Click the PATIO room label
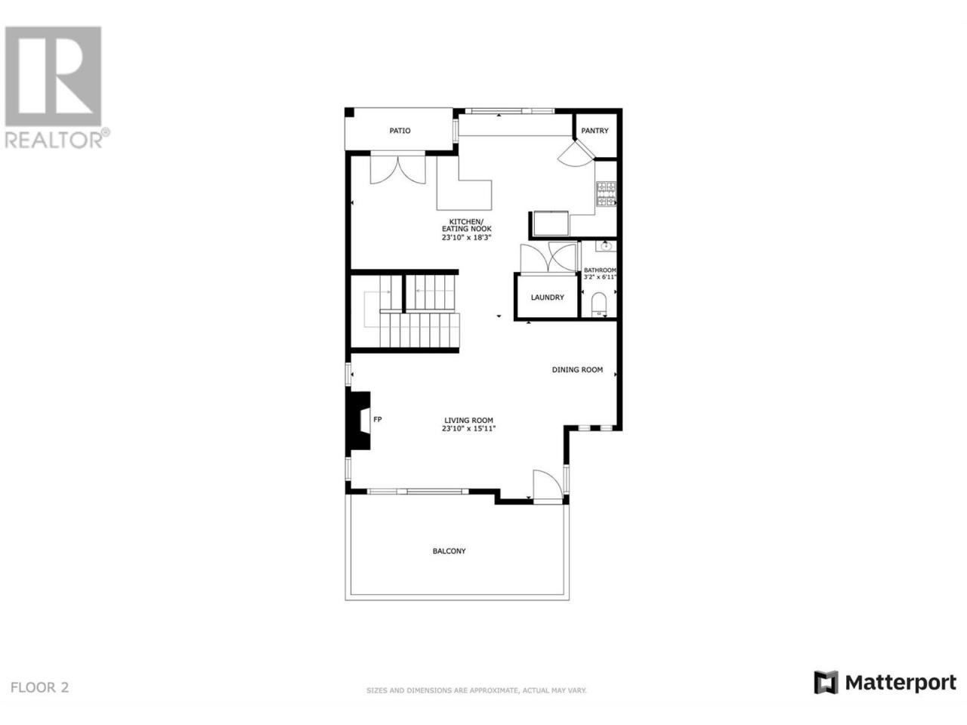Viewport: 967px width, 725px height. point(400,131)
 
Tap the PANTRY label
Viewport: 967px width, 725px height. point(595,131)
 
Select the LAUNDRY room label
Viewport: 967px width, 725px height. point(547,298)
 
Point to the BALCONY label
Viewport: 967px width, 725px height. point(449,551)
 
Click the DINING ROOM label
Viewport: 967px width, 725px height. point(577,370)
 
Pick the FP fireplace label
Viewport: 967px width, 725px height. point(378,419)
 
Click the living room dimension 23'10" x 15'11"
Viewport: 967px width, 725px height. point(468,428)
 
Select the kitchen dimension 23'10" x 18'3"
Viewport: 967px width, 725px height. point(467,237)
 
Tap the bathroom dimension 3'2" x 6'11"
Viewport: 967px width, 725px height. point(600,277)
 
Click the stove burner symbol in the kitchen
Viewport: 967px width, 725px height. point(606,193)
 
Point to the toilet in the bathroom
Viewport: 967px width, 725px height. point(599,304)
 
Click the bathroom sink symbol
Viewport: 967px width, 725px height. point(606,245)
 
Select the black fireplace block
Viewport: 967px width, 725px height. point(358,420)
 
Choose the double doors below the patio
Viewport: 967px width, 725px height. point(398,168)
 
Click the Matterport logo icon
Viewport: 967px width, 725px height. point(826,695)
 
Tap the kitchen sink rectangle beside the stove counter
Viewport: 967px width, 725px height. point(550,224)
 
